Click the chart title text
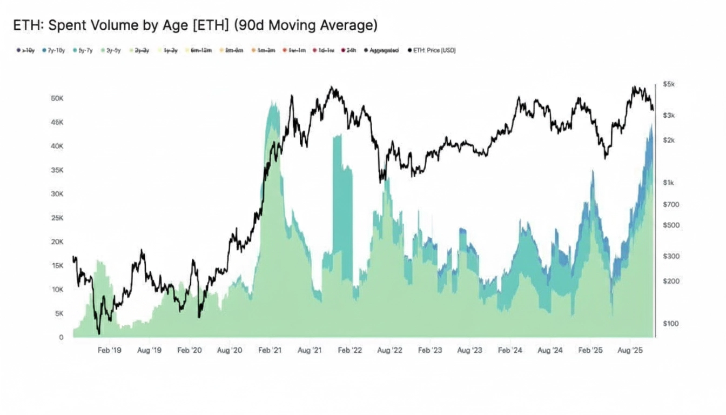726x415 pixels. point(194,25)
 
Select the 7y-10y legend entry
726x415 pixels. point(53,50)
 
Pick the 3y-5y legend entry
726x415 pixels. point(111,50)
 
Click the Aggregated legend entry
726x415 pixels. point(383,50)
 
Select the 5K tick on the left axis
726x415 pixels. point(58,313)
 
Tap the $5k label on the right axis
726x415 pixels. point(669,85)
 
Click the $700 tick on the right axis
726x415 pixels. point(671,204)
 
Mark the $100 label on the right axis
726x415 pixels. point(671,323)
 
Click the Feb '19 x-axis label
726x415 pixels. point(109,350)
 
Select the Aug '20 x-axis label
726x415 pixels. point(230,350)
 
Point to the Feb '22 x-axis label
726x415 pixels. point(349,350)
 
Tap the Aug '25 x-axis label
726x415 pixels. point(629,350)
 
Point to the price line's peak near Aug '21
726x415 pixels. point(333,88)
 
